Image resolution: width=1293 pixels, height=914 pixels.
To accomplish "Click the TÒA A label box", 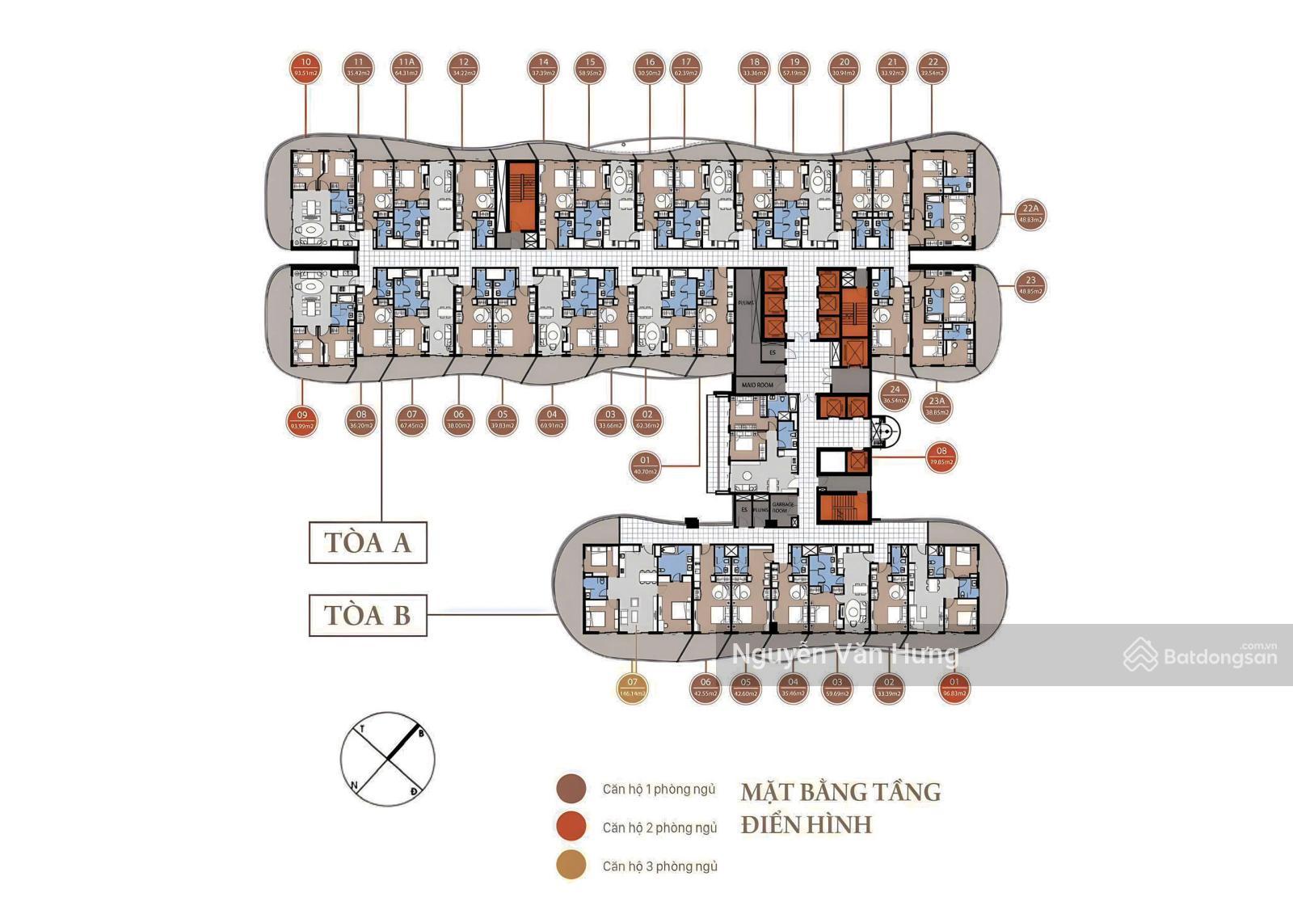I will [x=368, y=542].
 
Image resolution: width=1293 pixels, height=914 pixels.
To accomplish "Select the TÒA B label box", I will [x=368, y=615].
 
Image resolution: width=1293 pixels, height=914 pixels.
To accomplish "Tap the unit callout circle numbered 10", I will [x=305, y=67].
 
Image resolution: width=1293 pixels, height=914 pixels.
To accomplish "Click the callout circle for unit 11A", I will [x=406, y=67].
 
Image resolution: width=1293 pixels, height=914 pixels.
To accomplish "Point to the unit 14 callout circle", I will [x=544, y=67].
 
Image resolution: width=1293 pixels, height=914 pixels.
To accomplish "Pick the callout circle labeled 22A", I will [x=1030, y=214].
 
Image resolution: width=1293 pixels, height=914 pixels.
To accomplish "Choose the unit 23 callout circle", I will [x=1030, y=285].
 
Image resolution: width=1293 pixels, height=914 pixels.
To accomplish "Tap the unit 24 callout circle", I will [x=895, y=394].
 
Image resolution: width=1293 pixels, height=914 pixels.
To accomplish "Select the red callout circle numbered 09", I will [x=302, y=420].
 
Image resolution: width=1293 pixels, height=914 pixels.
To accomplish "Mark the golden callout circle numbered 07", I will [x=632, y=688].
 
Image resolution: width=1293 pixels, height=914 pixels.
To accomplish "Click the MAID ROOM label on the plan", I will [x=757, y=385].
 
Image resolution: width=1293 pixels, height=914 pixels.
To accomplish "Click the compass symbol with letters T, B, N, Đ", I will [x=388, y=759].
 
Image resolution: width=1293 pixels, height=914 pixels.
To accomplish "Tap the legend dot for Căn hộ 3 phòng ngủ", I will [x=571, y=866].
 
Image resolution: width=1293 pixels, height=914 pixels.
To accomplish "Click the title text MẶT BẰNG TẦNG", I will [x=840, y=791].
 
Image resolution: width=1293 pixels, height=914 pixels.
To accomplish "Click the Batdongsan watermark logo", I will [x=1201, y=655].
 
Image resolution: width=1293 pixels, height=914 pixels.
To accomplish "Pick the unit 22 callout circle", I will [x=933, y=67].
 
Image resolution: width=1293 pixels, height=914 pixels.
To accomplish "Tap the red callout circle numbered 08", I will [x=941, y=457].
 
